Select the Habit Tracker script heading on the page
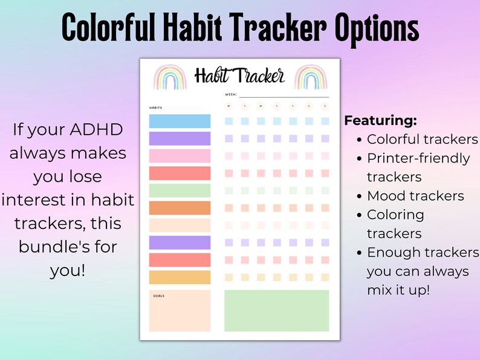click(x=239, y=76)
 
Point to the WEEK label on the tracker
click(x=230, y=95)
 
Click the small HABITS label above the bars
click(x=155, y=108)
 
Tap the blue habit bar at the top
click(x=180, y=121)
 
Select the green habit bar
click(x=180, y=191)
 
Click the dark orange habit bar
click(x=180, y=208)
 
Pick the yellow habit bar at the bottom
click(x=180, y=278)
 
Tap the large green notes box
click(x=276, y=310)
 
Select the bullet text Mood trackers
click(x=415, y=196)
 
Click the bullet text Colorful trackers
click(x=422, y=139)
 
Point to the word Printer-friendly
click(x=418, y=158)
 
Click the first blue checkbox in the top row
click(x=229, y=121)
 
